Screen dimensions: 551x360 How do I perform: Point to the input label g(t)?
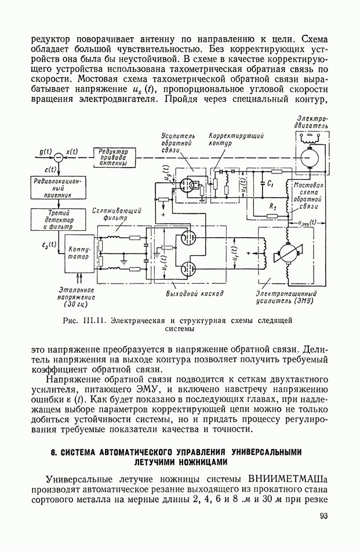pyautogui.click(x=46, y=151)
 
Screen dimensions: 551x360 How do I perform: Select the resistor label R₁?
pyautogui.click(x=271, y=206)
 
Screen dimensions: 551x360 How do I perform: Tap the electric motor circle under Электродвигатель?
pyautogui.click(x=310, y=157)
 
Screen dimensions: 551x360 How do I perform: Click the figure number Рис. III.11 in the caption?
pyautogui.click(x=86, y=320)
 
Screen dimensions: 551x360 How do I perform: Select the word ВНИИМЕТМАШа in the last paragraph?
pyautogui.click(x=288, y=478)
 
